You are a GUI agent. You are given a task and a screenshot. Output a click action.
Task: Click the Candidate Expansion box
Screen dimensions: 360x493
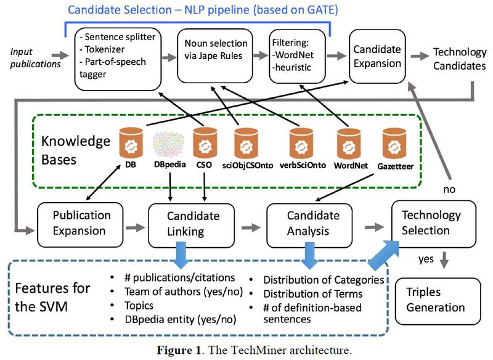point(377,56)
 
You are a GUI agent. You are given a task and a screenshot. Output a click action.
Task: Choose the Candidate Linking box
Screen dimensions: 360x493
point(193,223)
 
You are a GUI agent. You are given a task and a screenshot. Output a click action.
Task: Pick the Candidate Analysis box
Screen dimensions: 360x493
point(312,223)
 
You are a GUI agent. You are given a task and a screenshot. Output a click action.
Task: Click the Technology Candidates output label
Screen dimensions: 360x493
point(459,58)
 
